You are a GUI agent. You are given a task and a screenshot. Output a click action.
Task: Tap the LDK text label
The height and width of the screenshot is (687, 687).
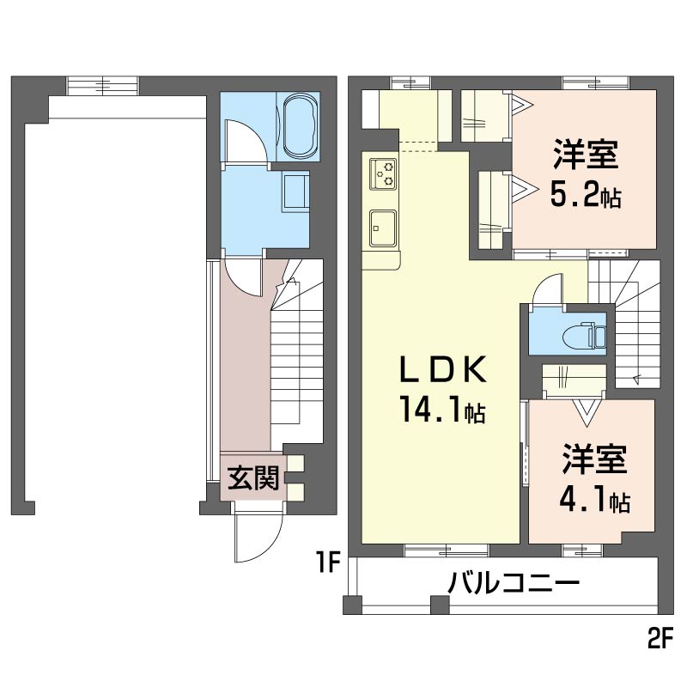pyautogui.click(x=444, y=372)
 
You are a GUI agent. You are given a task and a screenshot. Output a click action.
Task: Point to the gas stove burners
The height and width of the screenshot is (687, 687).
pyautogui.click(x=383, y=175)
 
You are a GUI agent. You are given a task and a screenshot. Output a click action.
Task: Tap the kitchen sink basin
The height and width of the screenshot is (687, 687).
pyautogui.click(x=382, y=227)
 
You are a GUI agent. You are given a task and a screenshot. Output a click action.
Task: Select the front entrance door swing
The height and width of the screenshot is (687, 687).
pyautogui.click(x=256, y=537)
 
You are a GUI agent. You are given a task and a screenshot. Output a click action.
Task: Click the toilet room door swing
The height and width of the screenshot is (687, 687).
pyautogui.click(x=546, y=290)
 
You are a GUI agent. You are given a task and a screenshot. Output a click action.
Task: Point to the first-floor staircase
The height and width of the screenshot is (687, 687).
pyautogui.click(x=296, y=361)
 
